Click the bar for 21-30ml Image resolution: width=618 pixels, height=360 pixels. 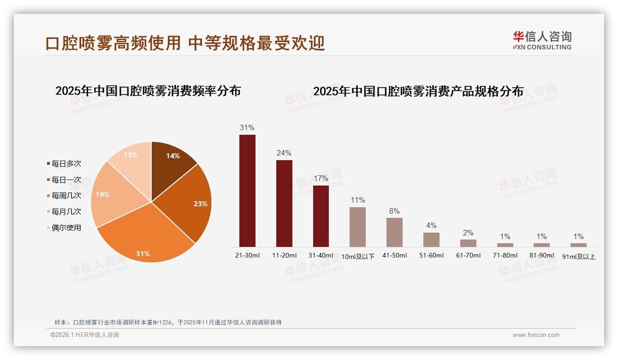[x=247, y=191]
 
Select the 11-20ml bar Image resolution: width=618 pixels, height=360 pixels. [x=284, y=203]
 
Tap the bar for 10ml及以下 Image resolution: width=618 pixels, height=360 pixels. [x=357, y=227]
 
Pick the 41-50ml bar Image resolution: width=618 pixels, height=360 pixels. [x=394, y=232]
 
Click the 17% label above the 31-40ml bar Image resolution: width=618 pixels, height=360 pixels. [x=321, y=178]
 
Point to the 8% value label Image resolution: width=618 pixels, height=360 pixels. [x=394, y=211]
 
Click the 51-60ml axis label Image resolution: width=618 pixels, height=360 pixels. [x=431, y=255]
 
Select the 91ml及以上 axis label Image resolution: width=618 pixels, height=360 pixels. [x=579, y=257]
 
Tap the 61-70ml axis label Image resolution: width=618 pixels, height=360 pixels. [x=468, y=255]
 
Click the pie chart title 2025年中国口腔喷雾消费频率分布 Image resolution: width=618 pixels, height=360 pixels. [x=148, y=91]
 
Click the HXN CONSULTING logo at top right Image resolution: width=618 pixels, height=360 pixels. [x=542, y=40]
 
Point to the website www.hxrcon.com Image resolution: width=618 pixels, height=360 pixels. [x=536, y=335]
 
